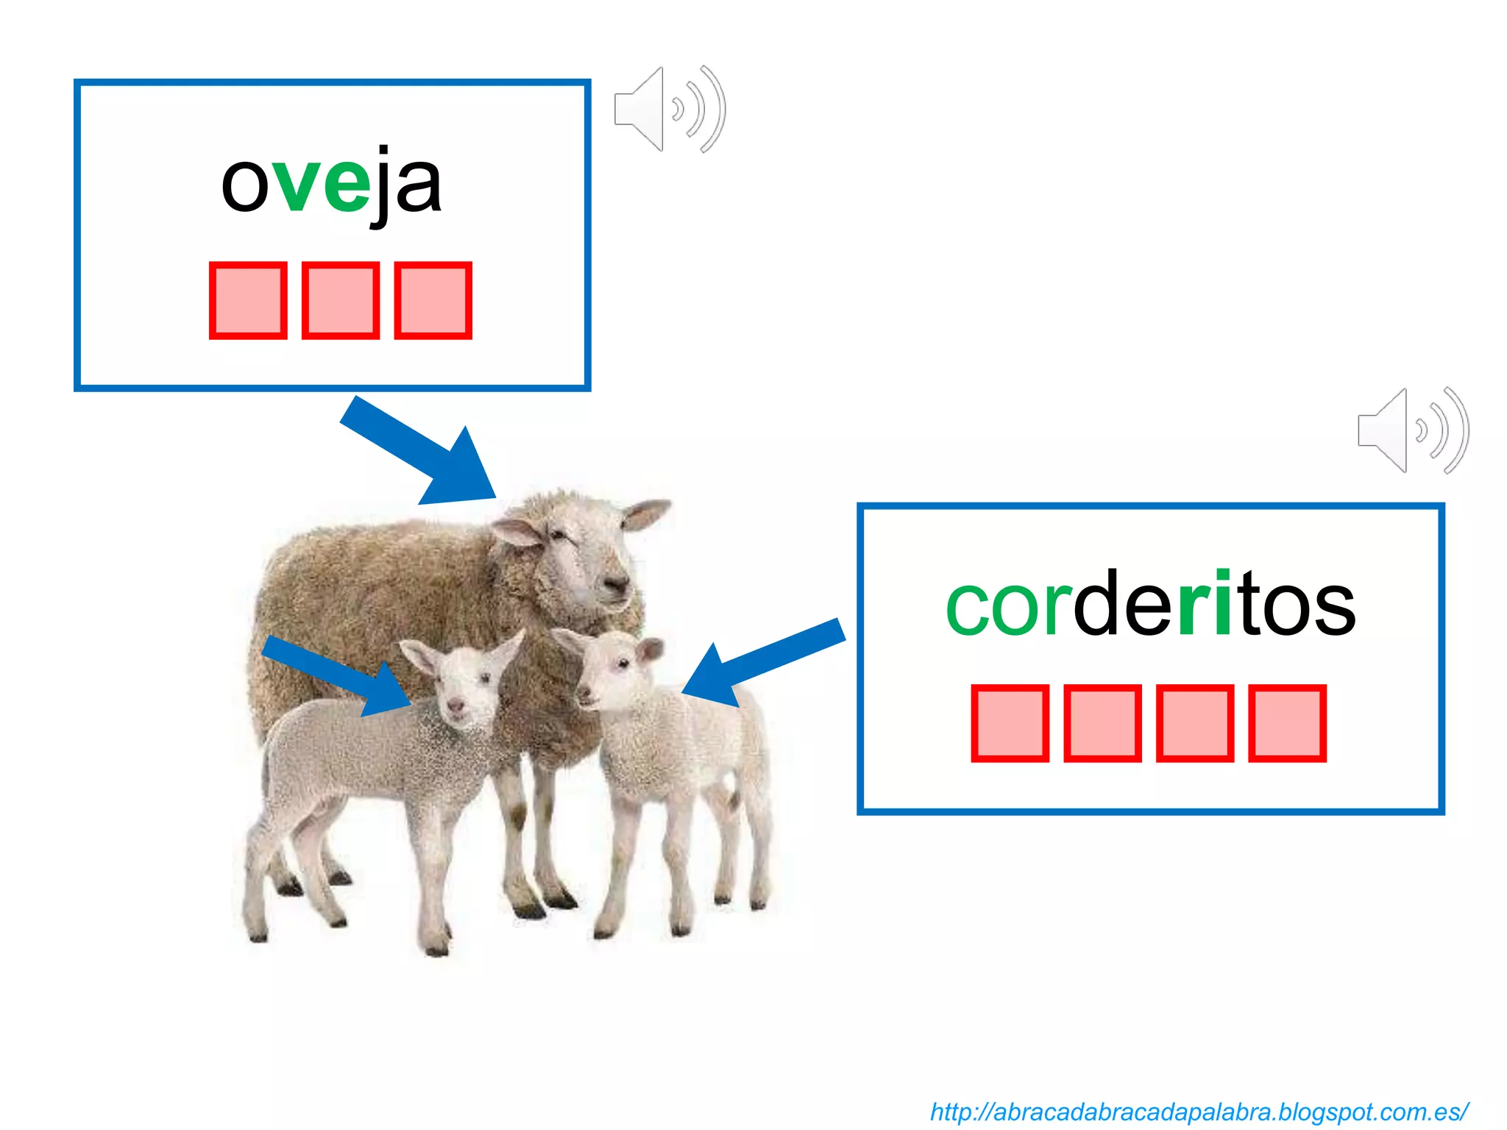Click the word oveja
coord(331,184)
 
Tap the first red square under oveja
coord(248,300)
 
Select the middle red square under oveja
coord(340,300)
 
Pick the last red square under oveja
coord(433,300)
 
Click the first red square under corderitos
coord(1010,723)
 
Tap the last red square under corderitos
coord(1287,723)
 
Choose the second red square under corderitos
coord(1102,723)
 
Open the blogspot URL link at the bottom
coord(1199,1112)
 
